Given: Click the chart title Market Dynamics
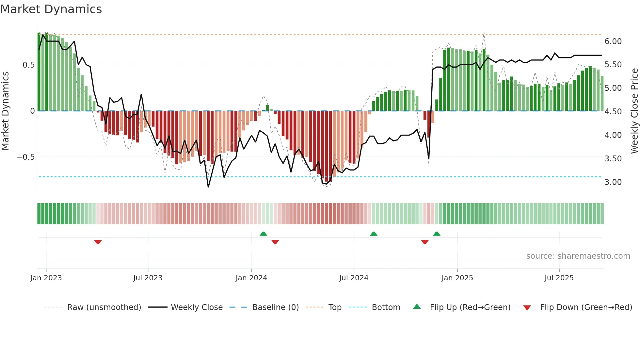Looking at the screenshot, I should coord(51,9).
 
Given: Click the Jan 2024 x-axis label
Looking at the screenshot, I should coord(251,278).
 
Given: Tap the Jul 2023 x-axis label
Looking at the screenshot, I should coord(148,278).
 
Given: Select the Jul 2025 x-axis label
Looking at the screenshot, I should coord(559,278).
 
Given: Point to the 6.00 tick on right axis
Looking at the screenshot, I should coord(613,41).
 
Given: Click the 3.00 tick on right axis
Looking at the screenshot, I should coord(613,182).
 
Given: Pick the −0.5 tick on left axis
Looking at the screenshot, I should coord(25,157).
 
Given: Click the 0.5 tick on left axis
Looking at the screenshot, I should coord(28,65).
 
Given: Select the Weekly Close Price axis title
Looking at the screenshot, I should coord(634,111).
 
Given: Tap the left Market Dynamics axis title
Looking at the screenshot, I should coord(5,111).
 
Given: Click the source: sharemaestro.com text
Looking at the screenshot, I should coord(578,256).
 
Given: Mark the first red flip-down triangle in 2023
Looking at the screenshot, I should coord(98,242).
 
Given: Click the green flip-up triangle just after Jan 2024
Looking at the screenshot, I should coord(263,234).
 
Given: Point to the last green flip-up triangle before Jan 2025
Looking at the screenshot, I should coord(437,234).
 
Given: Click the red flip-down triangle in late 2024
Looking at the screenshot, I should coord(424,242).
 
